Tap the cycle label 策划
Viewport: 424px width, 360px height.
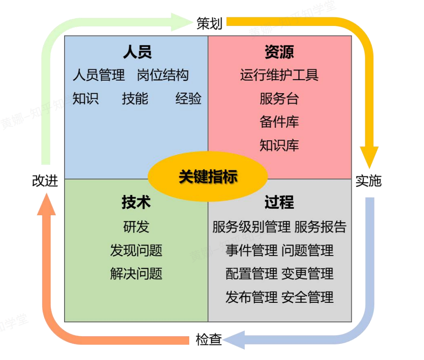(209, 23)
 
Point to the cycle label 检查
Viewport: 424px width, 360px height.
(209, 340)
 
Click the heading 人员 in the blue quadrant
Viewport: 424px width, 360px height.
(137, 52)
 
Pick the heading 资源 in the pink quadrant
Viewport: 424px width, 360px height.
(279, 52)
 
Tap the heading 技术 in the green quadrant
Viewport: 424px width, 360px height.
(136, 203)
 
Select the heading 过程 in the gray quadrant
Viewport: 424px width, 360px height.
(279, 203)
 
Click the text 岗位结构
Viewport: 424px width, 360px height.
(163, 75)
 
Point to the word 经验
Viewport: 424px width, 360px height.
(188, 99)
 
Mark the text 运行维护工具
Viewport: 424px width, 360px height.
(279, 75)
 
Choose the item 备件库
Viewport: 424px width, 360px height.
(279, 122)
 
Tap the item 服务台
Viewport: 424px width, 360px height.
(279, 99)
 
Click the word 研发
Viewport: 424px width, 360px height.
(136, 227)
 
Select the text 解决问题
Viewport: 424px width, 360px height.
(136, 274)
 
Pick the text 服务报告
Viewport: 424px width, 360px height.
(320, 227)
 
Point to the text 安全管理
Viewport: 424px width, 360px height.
(307, 297)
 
